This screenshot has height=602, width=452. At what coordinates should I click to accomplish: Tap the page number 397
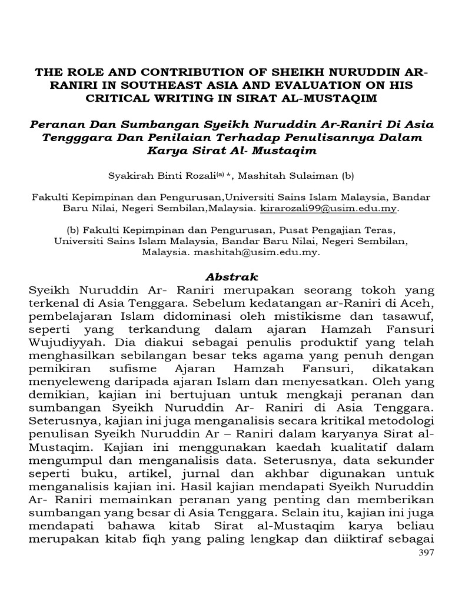point(426,553)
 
